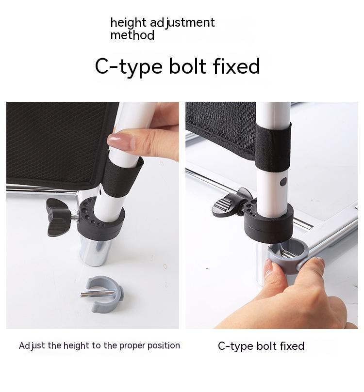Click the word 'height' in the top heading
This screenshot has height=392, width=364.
[x=128, y=23]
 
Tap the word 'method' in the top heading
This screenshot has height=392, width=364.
[x=132, y=35]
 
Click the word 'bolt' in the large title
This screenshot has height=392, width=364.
[x=187, y=66]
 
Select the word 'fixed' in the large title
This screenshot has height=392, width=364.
[x=236, y=66]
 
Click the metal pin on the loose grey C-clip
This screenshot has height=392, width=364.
[x=98, y=294]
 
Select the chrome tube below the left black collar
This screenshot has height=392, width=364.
[x=96, y=252]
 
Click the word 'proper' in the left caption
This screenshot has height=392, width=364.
[x=132, y=346]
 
